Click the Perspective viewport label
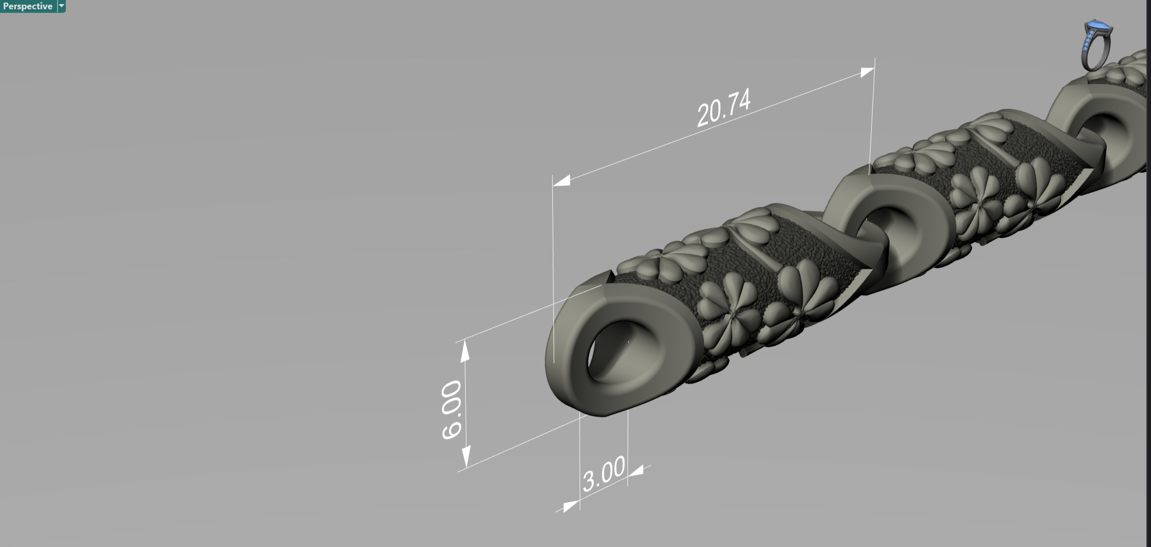click(27, 6)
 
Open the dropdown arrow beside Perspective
click(62, 6)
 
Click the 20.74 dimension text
click(723, 108)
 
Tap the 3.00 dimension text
click(604, 474)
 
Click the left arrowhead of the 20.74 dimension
click(562, 181)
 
